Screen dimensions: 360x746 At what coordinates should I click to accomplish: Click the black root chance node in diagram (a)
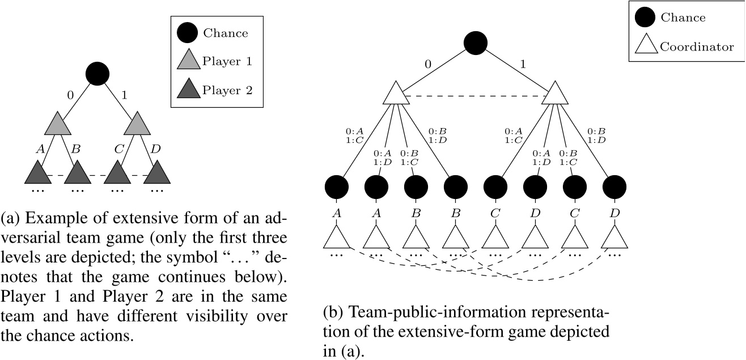pyautogui.click(x=97, y=73)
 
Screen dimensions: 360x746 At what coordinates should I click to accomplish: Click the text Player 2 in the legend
pyautogui.click(x=227, y=89)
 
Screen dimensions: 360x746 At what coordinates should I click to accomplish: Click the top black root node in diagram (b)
pyautogui.click(x=475, y=42)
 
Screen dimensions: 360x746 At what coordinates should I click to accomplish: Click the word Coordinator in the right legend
pyautogui.click(x=697, y=47)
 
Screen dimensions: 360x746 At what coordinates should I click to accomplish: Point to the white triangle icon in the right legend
pyautogui.click(x=645, y=45)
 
